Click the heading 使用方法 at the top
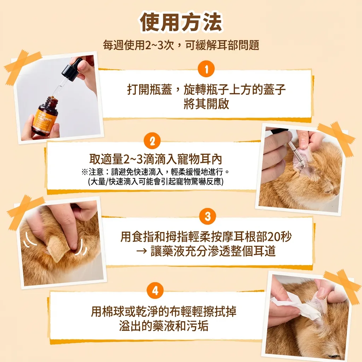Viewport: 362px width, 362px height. pos(181,23)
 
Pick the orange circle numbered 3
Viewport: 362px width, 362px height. pos(207,216)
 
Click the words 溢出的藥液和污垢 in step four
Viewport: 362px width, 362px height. pos(163,326)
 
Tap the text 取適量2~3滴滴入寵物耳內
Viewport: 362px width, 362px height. pos(156,159)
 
